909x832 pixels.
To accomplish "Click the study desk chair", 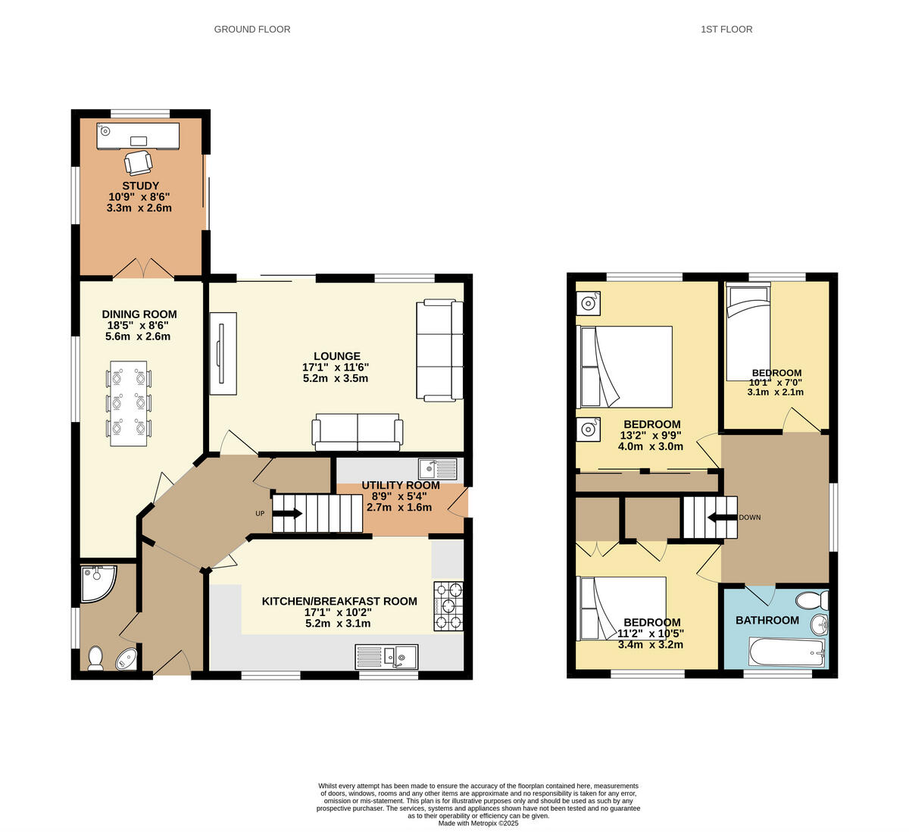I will pos(138,162).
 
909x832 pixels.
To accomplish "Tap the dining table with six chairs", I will pos(129,403).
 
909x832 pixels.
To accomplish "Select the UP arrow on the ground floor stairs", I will pos(287,513).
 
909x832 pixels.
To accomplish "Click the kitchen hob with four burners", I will pos(448,605).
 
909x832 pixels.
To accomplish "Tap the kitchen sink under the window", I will pos(386,656).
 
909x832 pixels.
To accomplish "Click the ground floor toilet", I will pos(95,658).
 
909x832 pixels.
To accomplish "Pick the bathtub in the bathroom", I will pos(786,651).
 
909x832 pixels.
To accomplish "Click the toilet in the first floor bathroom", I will pos(811,600).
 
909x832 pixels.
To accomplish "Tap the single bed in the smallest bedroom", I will pos(748,331).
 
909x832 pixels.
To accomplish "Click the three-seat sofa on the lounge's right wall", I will pos(439,349).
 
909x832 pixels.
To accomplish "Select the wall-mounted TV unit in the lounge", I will pos(223,353).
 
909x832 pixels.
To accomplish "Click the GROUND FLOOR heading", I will pos(252,29).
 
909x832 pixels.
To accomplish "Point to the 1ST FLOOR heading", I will pos(726,29).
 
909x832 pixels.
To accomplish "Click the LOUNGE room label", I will pos(337,356).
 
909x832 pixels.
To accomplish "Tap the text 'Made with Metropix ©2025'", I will pos(478,823).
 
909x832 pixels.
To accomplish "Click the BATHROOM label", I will pos(767,620).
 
